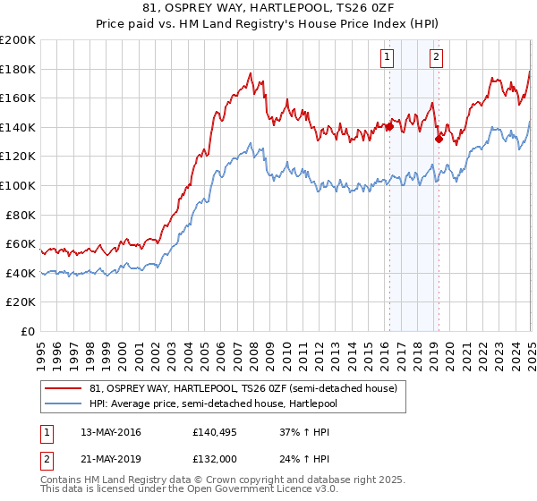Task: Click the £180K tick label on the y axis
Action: pos(18,69)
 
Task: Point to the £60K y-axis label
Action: pos(21,243)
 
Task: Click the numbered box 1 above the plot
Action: pos(388,58)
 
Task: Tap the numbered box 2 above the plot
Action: pos(436,58)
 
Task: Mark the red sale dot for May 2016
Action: pos(390,126)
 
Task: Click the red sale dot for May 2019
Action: pos(439,139)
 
